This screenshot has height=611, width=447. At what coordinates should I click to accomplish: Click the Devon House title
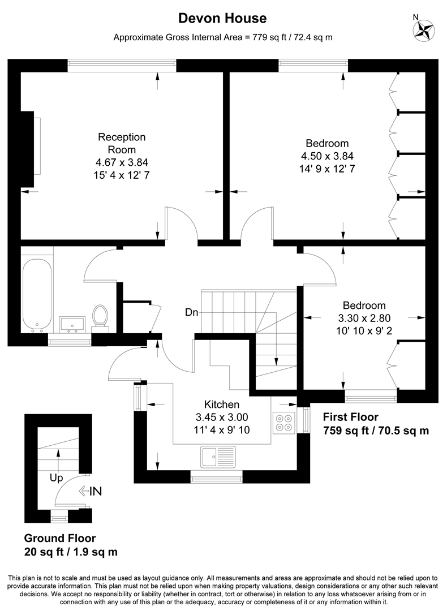click(222, 18)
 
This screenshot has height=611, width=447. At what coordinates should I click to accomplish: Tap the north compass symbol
click(423, 31)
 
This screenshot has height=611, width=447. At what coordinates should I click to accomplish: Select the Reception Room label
click(122, 143)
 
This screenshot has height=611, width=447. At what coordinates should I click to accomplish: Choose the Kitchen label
click(221, 405)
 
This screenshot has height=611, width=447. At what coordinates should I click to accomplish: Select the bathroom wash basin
click(72, 324)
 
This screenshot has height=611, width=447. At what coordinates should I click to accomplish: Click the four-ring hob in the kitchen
click(283, 422)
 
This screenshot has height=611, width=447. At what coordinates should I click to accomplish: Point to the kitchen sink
click(218, 455)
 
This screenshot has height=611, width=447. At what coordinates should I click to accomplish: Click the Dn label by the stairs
click(191, 312)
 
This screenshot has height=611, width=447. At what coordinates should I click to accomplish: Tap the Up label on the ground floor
click(56, 478)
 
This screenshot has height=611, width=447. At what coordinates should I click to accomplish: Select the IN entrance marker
click(90, 491)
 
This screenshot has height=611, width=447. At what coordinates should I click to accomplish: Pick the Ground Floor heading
click(59, 539)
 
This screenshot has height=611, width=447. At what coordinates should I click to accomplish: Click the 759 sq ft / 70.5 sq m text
click(376, 431)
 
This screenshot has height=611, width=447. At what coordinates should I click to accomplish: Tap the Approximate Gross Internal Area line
click(222, 38)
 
